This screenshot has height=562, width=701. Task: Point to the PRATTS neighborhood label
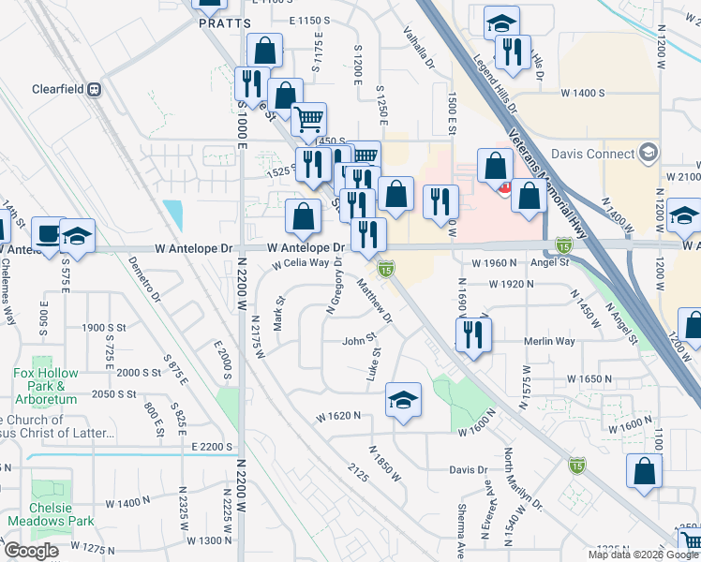pos(225,22)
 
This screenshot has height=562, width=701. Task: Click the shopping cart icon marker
pos(308,119)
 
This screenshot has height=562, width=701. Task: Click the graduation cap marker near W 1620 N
pos(403,400)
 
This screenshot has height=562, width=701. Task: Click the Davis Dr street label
pos(469,470)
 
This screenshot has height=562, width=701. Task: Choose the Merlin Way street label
pos(549,342)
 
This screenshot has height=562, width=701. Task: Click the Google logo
pos(31,551)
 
